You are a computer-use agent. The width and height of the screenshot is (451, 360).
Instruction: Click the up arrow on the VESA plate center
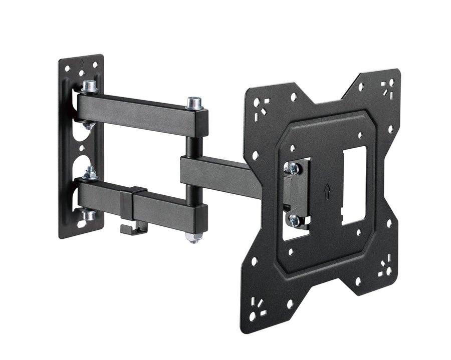(x=327, y=191)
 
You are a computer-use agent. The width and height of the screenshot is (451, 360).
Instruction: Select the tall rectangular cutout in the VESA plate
(x=354, y=185)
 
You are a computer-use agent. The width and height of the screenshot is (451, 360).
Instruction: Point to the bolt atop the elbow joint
(x=195, y=104)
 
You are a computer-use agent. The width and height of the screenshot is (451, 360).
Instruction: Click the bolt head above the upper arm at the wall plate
(x=89, y=87)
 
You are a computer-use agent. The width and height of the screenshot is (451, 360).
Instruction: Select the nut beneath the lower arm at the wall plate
(x=89, y=215)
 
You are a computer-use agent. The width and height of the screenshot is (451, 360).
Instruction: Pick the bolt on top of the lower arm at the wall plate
(x=91, y=173)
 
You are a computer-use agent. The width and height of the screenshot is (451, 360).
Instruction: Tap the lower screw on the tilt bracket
(x=294, y=219)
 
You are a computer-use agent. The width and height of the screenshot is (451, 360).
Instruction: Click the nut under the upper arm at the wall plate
(x=88, y=124)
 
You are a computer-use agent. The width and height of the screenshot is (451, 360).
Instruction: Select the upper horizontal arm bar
(x=140, y=114)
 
